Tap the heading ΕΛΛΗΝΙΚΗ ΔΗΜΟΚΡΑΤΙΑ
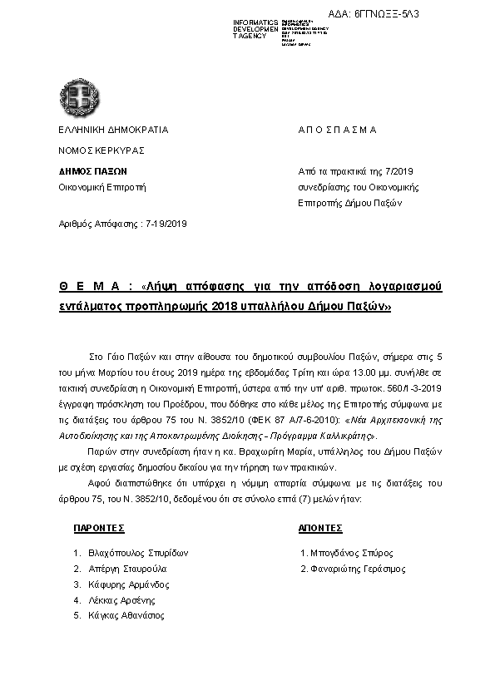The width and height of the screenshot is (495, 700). pyautogui.click(x=113, y=131)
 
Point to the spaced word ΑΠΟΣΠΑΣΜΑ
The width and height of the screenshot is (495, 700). pyautogui.click(x=338, y=131)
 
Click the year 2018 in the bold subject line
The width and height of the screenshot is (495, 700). pyautogui.click(x=224, y=305)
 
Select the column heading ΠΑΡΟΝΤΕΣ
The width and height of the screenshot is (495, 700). pyautogui.click(x=99, y=528)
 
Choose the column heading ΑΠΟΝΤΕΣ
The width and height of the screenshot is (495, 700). pyautogui.click(x=321, y=528)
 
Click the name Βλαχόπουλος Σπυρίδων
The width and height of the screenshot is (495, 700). pyautogui.click(x=139, y=553)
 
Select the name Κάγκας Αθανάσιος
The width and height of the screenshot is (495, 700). pyautogui.click(x=126, y=616)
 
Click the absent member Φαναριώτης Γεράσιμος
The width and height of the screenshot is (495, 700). pyautogui.click(x=358, y=569)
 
